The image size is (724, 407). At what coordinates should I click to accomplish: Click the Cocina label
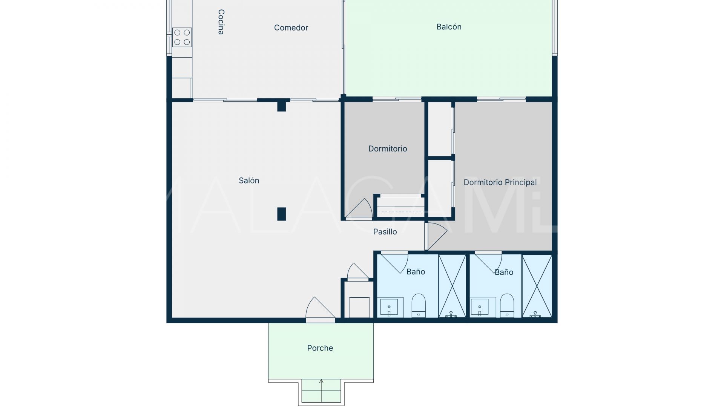[x=221, y=22]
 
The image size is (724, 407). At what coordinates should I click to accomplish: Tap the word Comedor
[x=291, y=28]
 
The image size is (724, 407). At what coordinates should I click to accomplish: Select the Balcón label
[x=449, y=27]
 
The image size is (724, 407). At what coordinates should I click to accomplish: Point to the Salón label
[x=249, y=181]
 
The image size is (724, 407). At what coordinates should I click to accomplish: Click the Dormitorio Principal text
[x=500, y=182]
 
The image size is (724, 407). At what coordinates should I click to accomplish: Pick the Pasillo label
[x=385, y=232]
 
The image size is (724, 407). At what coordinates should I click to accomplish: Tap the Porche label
[x=320, y=348]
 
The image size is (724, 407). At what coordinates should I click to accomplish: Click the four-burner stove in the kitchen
[x=182, y=37]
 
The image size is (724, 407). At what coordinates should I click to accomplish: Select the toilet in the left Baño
[x=419, y=306]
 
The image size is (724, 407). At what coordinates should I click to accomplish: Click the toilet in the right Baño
[x=507, y=306]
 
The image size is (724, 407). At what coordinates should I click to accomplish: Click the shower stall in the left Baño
[x=452, y=286]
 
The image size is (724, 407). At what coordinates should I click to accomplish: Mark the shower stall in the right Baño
[x=537, y=286]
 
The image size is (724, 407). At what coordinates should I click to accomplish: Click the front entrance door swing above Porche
[x=320, y=309]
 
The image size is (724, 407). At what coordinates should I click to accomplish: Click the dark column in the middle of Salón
[x=281, y=214]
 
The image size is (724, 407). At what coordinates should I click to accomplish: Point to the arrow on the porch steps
[x=321, y=390]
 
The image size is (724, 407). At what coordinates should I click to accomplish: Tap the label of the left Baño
[x=416, y=272]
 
